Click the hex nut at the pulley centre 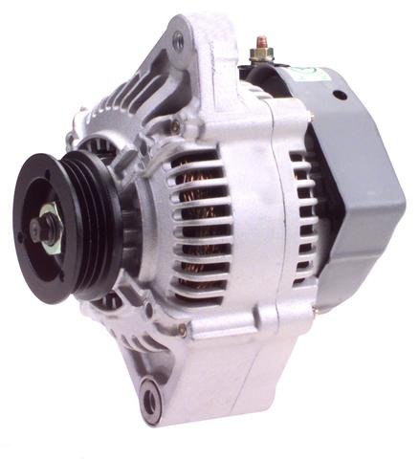(43, 229)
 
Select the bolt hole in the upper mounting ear (177, 41)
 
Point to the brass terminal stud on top (260, 45)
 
